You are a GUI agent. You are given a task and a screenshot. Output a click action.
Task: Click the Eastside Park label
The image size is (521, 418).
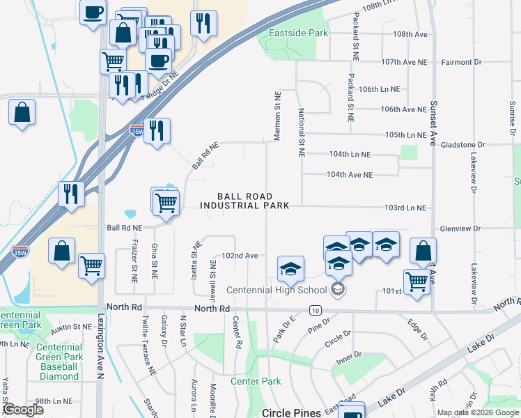tap(298, 33)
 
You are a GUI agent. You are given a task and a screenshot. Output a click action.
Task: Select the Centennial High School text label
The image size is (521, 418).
tap(277, 290)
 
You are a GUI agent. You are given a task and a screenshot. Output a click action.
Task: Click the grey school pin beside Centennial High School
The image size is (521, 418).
tap(338, 289)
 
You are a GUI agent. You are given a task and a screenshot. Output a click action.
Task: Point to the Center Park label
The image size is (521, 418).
tap(256, 381)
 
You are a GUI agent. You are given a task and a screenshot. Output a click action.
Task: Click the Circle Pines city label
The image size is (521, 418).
tap(291, 412)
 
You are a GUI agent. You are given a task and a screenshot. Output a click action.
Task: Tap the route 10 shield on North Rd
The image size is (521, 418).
tap(316, 309)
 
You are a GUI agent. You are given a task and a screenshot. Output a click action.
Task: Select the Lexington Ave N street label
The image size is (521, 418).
tap(100, 352)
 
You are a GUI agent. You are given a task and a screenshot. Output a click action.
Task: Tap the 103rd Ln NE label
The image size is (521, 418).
tap(405, 208)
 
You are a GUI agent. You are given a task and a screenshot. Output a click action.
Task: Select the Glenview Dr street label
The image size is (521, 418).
tap(460, 229)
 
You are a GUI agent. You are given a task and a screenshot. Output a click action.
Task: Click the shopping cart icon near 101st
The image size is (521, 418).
tap(417, 282)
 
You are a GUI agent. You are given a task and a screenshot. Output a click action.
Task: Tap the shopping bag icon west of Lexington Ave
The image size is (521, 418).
tap(22, 111)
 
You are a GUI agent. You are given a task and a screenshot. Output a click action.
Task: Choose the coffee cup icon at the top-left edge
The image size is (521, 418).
tap(93, 12)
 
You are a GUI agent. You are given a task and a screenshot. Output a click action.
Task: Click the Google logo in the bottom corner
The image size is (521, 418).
tap(22, 410)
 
